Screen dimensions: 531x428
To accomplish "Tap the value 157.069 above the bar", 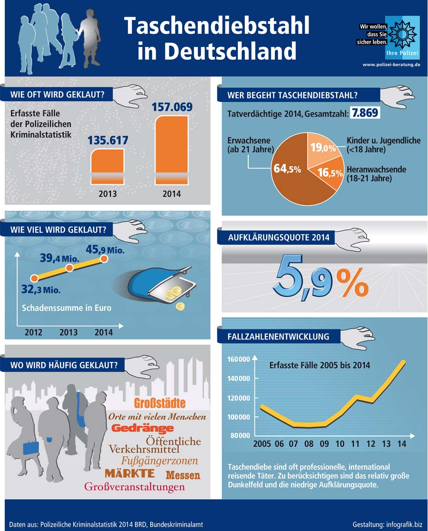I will (172, 106).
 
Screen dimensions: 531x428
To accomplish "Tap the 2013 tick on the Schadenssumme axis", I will (68, 332).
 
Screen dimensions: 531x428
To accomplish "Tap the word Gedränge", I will (143, 429).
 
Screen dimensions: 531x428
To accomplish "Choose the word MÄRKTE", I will (130, 473).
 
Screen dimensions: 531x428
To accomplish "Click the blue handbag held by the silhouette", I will (31, 448).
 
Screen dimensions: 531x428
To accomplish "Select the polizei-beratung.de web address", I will (391, 64).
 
